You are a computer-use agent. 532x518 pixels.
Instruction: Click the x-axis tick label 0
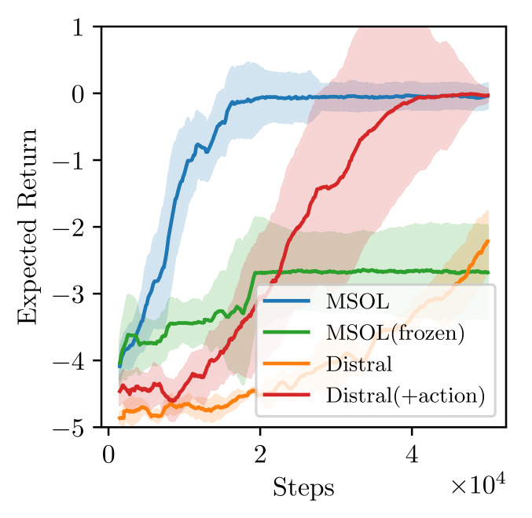(108, 454)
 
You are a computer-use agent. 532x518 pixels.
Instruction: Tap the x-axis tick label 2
(260, 454)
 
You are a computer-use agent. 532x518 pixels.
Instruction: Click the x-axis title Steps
(303, 488)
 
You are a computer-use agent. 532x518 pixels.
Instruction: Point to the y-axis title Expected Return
(28, 228)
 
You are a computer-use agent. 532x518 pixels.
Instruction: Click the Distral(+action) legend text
(403, 396)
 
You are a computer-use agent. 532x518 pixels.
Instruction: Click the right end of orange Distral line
(488, 241)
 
